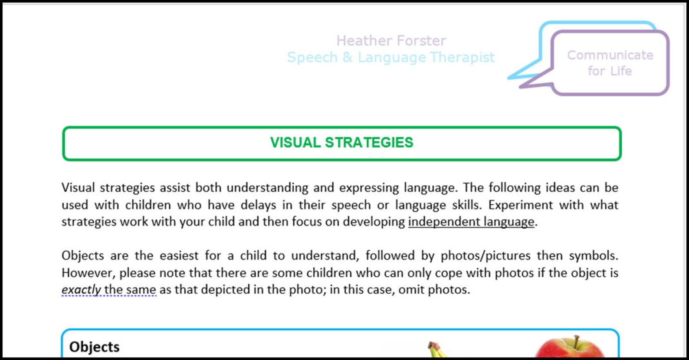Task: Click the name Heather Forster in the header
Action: [391, 41]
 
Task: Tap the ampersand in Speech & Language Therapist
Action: [347, 57]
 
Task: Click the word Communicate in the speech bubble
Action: [610, 55]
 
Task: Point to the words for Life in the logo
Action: [610, 71]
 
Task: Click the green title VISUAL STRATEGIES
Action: [341, 143]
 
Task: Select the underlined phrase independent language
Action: [471, 222]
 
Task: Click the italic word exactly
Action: [81, 289]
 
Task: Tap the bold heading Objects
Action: [94, 347]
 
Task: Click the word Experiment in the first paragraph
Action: [520, 205]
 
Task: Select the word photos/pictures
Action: [486, 255]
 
